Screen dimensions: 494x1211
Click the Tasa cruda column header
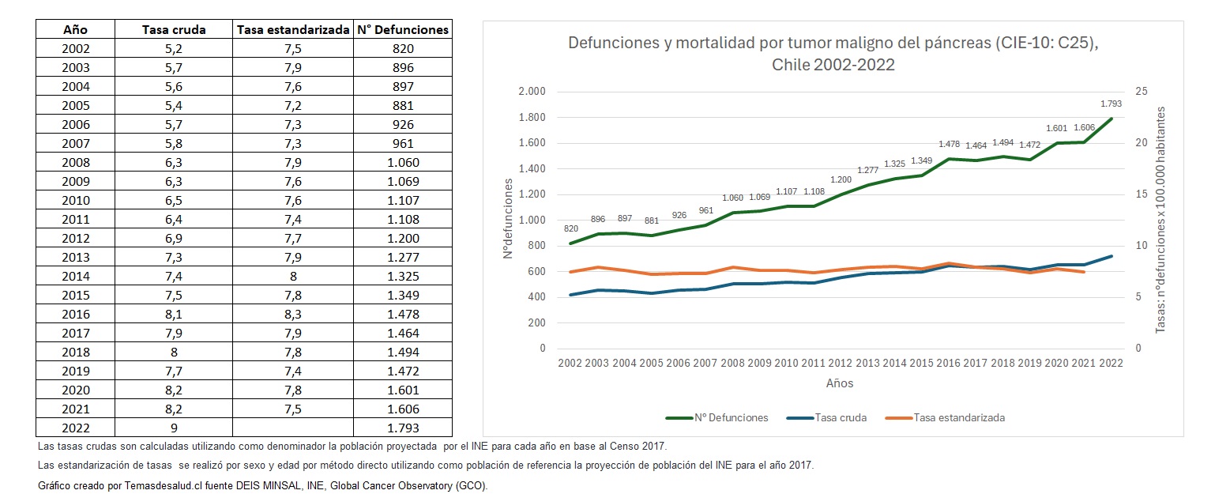tap(174, 30)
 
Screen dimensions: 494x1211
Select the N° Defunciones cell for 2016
tap(403, 315)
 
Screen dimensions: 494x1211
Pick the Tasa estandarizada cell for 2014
tap(292, 277)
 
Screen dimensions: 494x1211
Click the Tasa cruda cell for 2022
tap(174, 428)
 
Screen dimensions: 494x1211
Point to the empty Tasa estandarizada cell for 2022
tap(292, 428)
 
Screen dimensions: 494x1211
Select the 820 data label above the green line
tap(570, 228)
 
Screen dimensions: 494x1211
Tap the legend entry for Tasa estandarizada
tap(957, 417)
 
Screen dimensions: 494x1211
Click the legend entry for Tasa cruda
tap(839, 417)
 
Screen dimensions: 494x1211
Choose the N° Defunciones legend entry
tap(729, 417)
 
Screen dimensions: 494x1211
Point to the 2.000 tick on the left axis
tap(532, 92)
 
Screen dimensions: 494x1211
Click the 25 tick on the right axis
tap(1140, 92)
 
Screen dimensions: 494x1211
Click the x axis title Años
tap(839, 383)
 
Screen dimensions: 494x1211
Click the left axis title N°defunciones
tap(508, 218)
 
